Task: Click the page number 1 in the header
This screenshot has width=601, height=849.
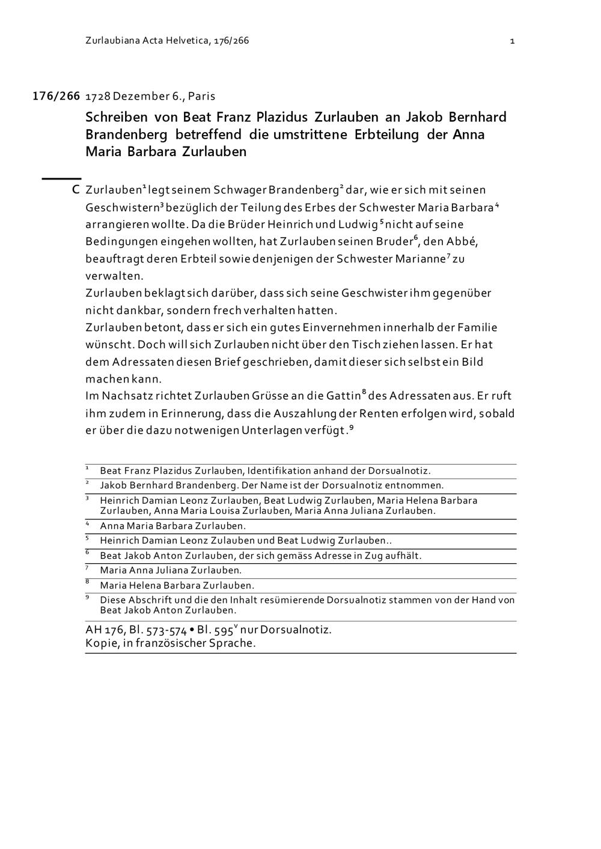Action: tap(512, 41)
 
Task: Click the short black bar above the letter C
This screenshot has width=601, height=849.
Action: tap(61, 178)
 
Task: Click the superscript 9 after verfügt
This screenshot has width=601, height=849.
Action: tap(351, 428)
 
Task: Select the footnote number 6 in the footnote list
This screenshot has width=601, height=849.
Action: tap(87, 552)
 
